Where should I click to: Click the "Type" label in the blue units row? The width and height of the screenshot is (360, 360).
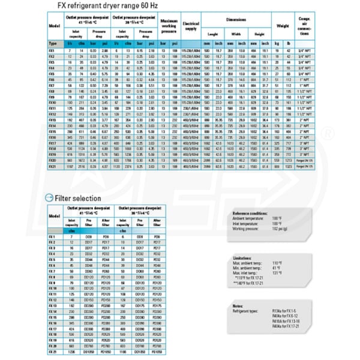coord(52,44)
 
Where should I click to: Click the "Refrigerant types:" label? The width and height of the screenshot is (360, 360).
coord(247,311)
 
